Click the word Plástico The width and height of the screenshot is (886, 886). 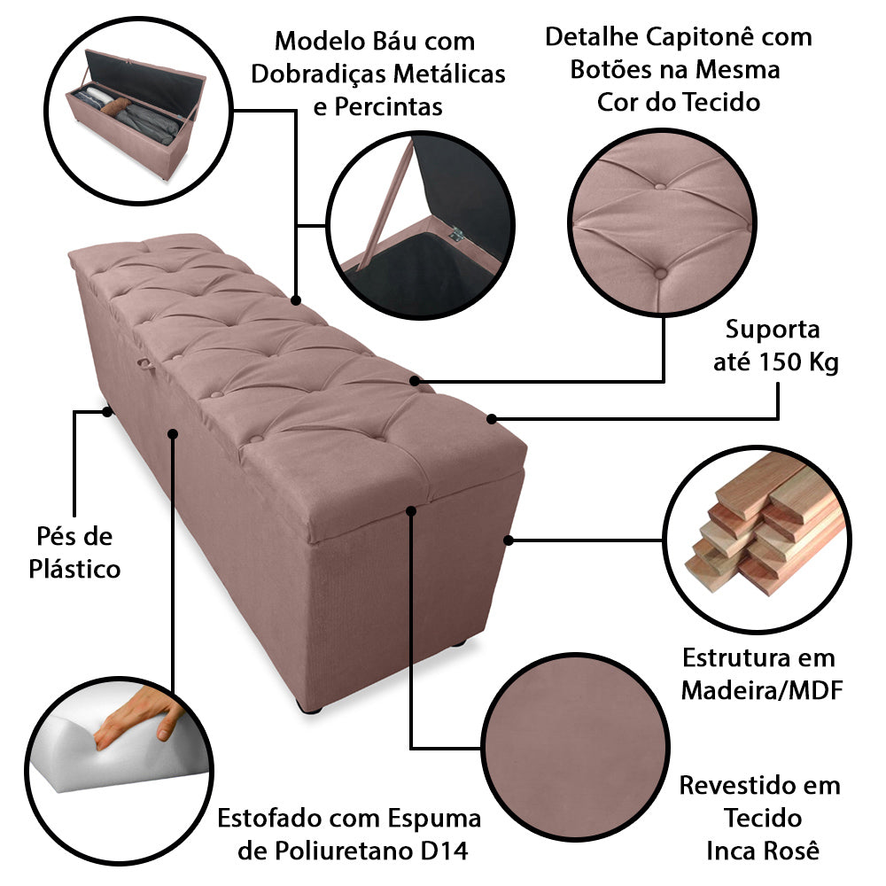click(x=74, y=569)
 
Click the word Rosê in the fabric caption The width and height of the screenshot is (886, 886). click(x=789, y=851)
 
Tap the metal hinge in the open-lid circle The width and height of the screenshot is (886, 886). click(x=457, y=235)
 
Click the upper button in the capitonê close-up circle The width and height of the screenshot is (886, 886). click(x=662, y=186)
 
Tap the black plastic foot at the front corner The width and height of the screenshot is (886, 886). click(x=310, y=707)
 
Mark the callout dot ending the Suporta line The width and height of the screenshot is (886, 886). click(x=492, y=417)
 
